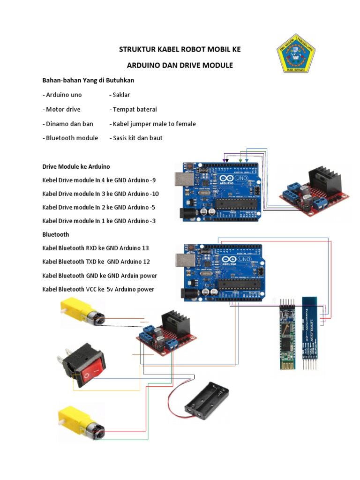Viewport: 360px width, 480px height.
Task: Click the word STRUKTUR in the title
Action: click(x=135, y=49)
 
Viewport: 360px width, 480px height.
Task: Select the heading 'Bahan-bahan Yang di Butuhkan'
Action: click(x=88, y=80)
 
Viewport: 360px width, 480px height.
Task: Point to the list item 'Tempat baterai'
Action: click(x=133, y=109)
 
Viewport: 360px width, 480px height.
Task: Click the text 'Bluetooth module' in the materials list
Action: click(x=70, y=138)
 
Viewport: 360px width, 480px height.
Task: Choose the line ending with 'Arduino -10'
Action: click(x=100, y=194)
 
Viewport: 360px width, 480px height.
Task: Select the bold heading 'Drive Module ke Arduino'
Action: click(x=76, y=166)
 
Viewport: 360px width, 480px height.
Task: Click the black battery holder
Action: click(x=206, y=400)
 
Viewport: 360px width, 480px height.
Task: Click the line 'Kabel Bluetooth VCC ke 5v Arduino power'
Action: click(x=98, y=289)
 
